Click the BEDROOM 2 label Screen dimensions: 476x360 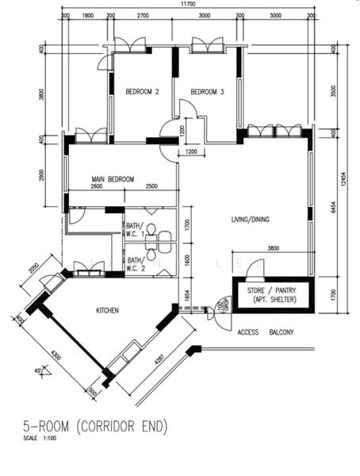click(x=143, y=93)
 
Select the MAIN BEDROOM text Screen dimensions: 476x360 click(x=112, y=179)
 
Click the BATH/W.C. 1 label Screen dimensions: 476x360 click(x=135, y=229)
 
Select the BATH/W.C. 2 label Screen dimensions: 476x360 click(x=135, y=263)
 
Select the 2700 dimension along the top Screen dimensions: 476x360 click(x=143, y=16)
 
